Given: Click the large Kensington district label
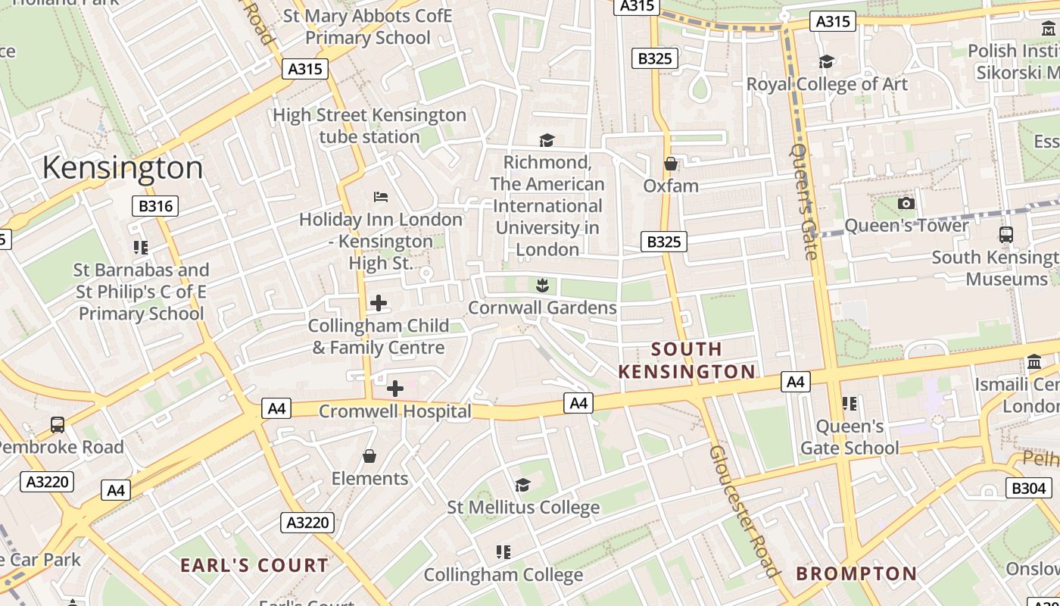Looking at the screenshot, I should [123, 167].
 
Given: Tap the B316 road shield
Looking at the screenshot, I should [156, 206].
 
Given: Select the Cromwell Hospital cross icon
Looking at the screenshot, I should [394, 389].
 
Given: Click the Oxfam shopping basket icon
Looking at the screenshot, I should [670, 164].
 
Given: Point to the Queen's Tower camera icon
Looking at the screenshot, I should [906, 203].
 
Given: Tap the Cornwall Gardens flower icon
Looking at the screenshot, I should [541, 286].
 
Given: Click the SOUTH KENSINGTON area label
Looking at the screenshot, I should [687, 360].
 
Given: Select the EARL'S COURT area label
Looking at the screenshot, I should [254, 565].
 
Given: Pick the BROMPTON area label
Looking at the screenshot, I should [856, 573].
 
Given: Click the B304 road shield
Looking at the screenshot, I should [1028, 488].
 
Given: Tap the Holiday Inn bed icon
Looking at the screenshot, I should [381, 197].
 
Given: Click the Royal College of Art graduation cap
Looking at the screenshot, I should [826, 61].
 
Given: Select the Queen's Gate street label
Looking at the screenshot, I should [804, 201].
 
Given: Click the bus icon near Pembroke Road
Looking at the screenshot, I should [58, 424].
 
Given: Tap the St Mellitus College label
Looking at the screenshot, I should [523, 507].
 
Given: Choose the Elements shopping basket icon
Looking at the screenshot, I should [369, 456].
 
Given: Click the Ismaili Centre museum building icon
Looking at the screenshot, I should [1034, 362].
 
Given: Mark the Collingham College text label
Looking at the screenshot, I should [503, 575].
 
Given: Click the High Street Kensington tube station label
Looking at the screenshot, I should [369, 126].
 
